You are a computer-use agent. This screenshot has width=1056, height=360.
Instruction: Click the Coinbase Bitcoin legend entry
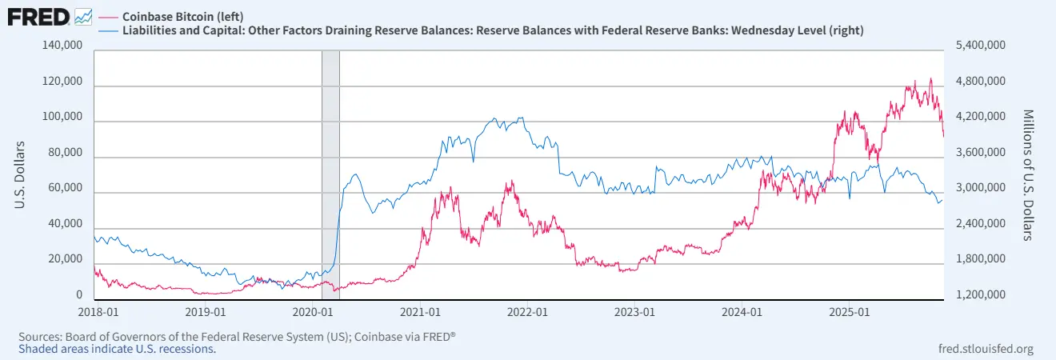182,16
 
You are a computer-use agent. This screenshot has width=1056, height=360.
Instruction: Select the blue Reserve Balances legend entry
492,30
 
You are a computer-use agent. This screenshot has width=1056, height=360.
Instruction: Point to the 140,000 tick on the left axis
62,46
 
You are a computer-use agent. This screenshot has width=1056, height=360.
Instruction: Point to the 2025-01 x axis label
850,310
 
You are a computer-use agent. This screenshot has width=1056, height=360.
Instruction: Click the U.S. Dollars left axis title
20,175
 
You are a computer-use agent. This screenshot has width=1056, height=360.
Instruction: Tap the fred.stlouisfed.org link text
985,349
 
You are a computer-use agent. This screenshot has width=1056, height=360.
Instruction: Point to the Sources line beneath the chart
237,336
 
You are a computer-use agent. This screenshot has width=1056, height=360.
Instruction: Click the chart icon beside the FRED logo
83,16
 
